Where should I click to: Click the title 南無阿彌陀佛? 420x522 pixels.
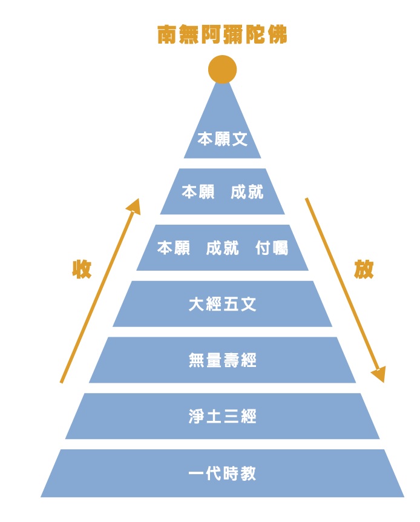[x=222, y=35]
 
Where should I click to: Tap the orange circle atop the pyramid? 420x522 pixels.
[x=222, y=69]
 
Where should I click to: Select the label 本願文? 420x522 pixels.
[x=222, y=139]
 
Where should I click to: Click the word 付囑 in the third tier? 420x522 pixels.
[x=272, y=248]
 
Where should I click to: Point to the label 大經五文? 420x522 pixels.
[x=222, y=304]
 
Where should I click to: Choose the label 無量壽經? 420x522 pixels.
[x=222, y=360]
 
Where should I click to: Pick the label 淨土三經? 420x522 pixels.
[x=222, y=417]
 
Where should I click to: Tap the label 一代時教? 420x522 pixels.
[x=222, y=473]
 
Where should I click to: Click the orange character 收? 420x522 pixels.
[x=82, y=269]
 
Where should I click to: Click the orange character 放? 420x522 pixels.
[x=364, y=269]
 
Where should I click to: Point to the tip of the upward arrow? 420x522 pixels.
[x=138, y=199]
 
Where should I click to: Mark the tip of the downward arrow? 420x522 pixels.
[x=383, y=383]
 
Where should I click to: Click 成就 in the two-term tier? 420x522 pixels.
[x=247, y=192]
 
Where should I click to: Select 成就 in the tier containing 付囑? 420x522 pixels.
[x=222, y=248]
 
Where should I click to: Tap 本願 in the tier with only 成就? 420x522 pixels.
[x=198, y=192]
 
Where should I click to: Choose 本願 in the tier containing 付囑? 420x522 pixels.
[x=174, y=248]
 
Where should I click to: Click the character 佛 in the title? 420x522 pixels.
[x=277, y=35]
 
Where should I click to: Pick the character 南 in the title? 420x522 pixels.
[x=167, y=35]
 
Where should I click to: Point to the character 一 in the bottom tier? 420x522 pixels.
[x=197, y=473]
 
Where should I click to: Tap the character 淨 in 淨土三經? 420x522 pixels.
[x=197, y=417]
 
